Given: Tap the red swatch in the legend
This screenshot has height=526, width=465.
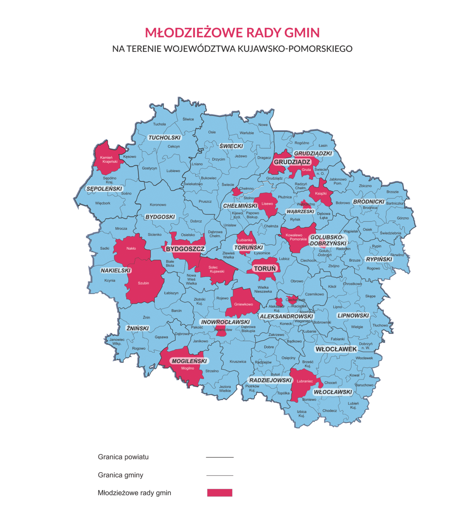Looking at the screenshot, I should coord(220,493).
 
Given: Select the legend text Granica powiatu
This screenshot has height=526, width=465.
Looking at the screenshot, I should coord(123,457).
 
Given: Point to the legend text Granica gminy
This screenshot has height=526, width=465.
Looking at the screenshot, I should coord(121,475).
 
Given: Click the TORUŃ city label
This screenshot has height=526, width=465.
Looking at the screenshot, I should coord(265,268).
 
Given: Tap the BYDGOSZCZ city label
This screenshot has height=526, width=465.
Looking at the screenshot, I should coord(185,249).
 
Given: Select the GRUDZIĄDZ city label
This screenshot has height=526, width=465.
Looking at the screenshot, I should coord(292,162).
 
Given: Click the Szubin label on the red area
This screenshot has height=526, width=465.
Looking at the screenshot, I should coord(143,283).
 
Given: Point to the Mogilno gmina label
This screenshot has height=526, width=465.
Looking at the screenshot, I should coord(188,368).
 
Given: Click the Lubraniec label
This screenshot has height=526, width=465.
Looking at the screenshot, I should coord(305,381).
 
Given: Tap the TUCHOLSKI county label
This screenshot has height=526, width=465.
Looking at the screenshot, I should coord(165,138).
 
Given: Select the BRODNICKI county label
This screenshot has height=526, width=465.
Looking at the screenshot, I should coord(369,202).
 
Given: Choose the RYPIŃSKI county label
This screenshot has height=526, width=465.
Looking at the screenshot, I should coord(379,259).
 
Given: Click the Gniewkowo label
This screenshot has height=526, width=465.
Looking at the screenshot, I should coord(243,304).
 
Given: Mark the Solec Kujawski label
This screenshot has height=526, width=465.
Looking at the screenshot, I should coord(216,269).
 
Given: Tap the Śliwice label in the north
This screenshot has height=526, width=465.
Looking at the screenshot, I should coord(188,119).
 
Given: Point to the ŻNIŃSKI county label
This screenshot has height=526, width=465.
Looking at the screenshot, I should coord(138,328).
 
